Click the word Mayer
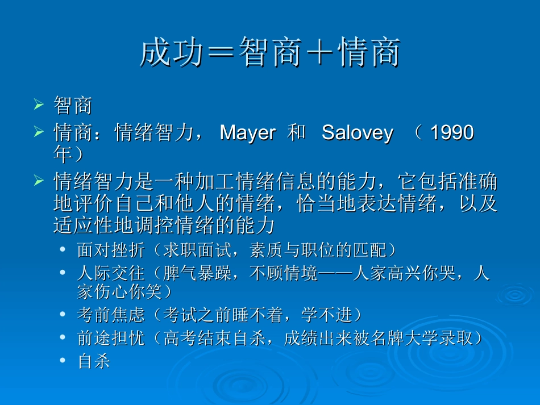(247, 133)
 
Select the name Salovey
(357, 133)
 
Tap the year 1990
(452, 133)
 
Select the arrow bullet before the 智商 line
(39, 105)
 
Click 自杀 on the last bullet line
(94, 362)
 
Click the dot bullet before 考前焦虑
(63, 314)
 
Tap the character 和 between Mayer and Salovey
(297, 133)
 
